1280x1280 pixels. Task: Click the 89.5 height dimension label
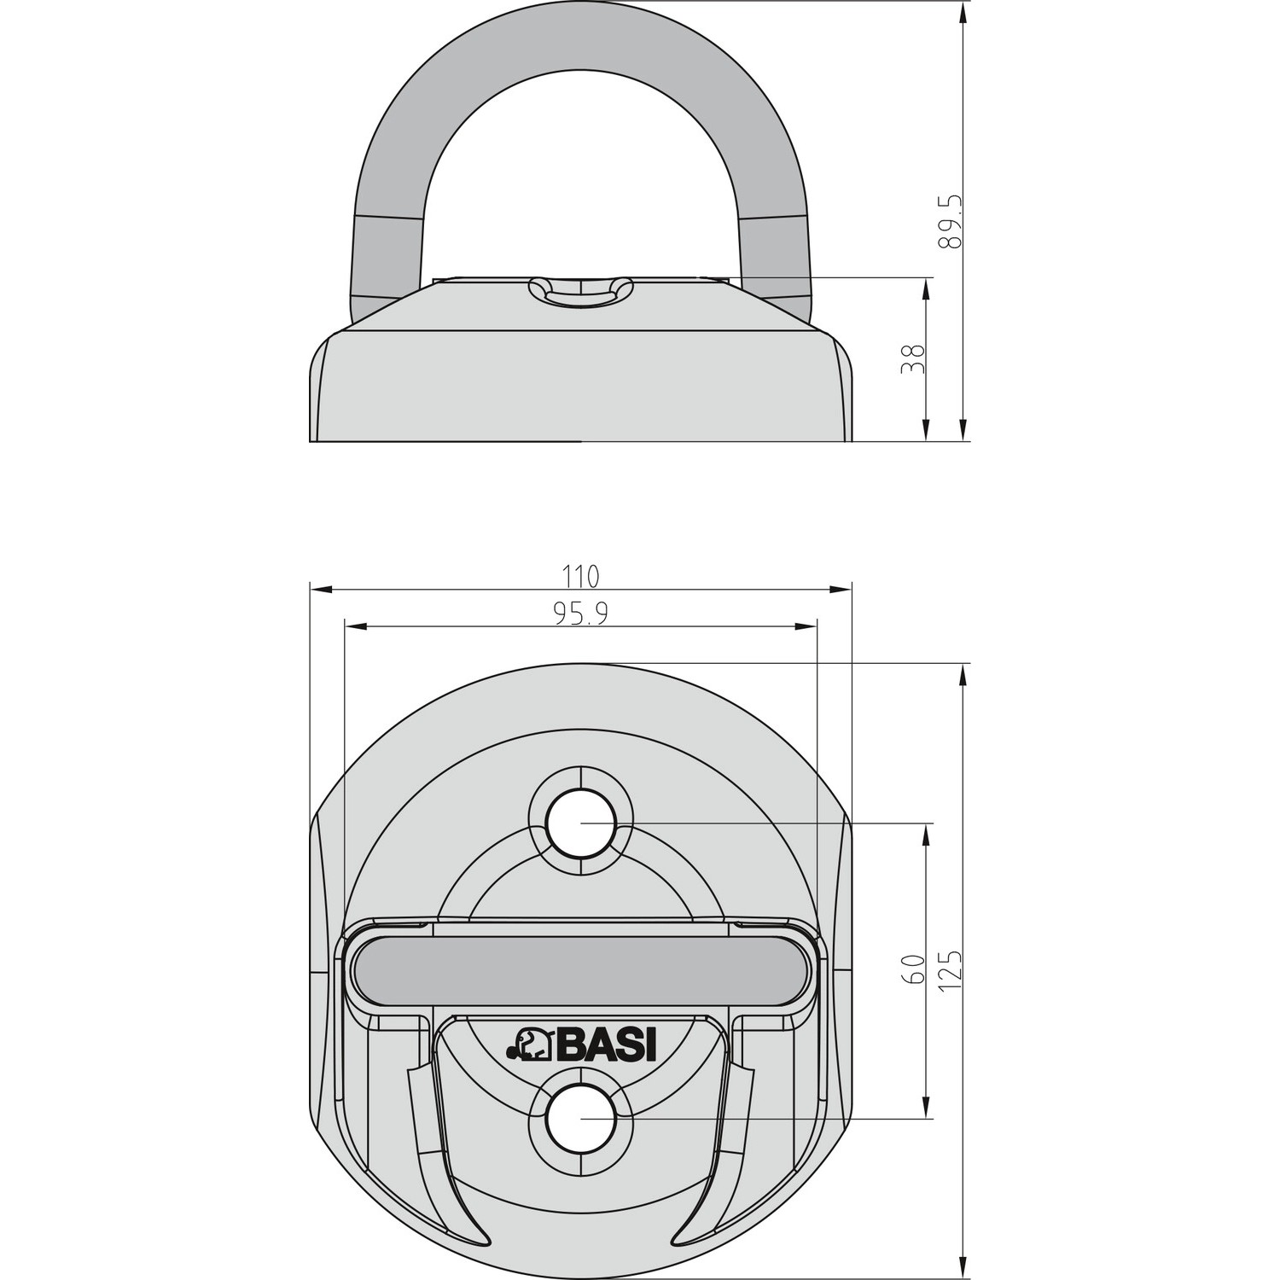pyautogui.click(x=951, y=221)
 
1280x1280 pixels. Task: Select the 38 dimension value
pyautogui.click(x=912, y=359)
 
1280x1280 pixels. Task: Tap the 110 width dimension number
pyautogui.click(x=580, y=576)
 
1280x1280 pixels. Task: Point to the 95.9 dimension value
pyautogui.click(x=580, y=614)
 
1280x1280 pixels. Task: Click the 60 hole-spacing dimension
pyautogui.click(x=912, y=971)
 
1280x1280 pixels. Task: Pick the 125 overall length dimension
pyautogui.click(x=951, y=971)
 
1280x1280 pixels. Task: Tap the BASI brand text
pyautogui.click(x=607, y=1046)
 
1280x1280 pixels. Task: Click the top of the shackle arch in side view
pyautogui.click(x=580, y=38)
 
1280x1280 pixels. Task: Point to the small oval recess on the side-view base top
pyautogui.click(x=580, y=289)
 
